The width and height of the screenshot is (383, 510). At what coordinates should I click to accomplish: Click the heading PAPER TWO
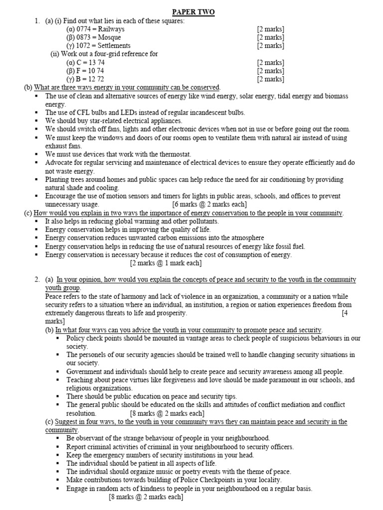(193, 12)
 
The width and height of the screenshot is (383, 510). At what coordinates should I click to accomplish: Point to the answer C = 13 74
(85, 62)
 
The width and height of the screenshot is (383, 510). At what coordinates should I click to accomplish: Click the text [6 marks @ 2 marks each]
(209, 204)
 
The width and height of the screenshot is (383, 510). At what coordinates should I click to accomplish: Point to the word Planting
(58, 179)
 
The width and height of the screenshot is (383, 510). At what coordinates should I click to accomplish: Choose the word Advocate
(59, 163)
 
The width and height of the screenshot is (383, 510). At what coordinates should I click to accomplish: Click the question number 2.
(37, 280)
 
